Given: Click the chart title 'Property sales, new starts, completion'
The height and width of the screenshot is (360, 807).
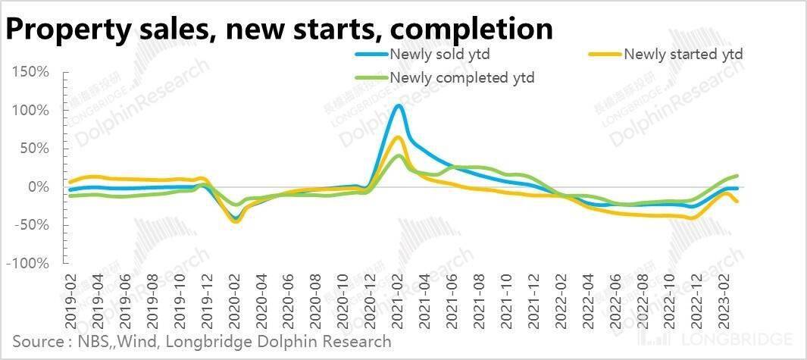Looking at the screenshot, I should click(x=279, y=29).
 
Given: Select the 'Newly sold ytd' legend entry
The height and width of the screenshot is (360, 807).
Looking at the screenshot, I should click(x=437, y=55).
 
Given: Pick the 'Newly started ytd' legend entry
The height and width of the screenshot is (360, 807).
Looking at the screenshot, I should click(x=682, y=55).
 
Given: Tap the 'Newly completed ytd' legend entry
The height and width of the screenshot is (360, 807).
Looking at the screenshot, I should click(x=462, y=77).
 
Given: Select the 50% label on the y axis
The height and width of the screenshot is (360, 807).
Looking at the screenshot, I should click(x=35, y=149).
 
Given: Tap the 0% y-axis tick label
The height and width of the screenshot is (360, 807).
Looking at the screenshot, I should click(x=38, y=187).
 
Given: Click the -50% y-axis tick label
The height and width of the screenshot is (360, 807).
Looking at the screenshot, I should click(x=33, y=225).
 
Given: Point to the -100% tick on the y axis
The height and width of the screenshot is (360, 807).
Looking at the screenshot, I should click(x=30, y=264).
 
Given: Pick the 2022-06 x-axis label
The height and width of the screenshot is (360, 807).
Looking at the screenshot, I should click(x=613, y=299).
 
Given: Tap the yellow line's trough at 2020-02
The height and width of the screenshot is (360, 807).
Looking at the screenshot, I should click(x=236, y=221).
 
